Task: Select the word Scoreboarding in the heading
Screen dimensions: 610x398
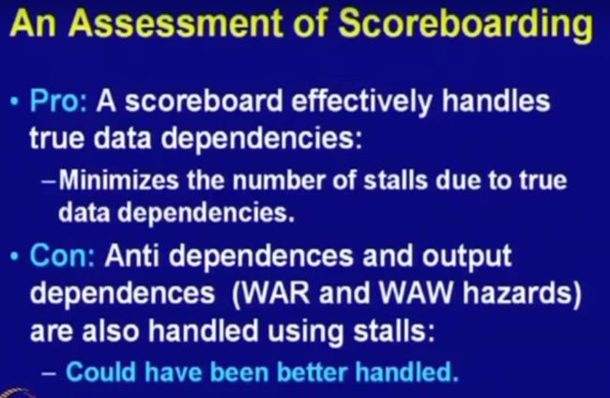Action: [x=465, y=25]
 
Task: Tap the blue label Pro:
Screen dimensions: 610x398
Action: [x=59, y=100]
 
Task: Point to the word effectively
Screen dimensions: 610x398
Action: [x=361, y=102]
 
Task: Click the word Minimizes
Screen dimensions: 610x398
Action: [x=118, y=180]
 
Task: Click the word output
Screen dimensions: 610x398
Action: [x=466, y=257]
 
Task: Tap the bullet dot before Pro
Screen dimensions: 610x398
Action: [x=15, y=102]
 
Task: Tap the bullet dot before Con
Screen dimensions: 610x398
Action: [x=15, y=257]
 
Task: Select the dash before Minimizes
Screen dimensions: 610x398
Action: [x=50, y=181]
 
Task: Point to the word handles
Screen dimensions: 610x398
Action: [x=496, y=100]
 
